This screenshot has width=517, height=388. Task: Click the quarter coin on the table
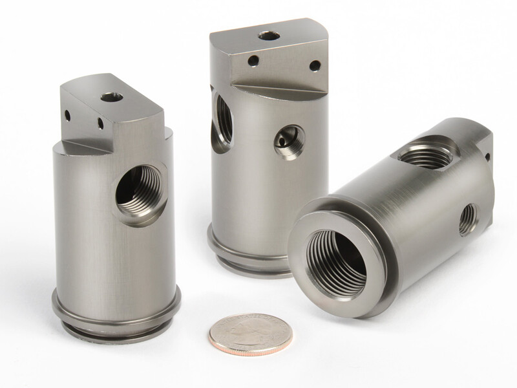(x=250, y=332)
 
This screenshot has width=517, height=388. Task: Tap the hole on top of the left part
(x=112, y=98)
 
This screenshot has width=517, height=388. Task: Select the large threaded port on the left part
(x=141, y=192)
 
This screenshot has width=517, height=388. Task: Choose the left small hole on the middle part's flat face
(x=253, y=61)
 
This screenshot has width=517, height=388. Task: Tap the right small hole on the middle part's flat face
(x=314, y=65)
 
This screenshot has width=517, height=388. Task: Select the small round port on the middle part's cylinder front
(x=288, y=141)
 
